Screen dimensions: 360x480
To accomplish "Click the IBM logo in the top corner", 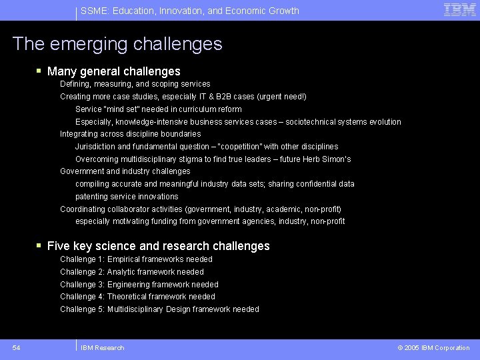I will (x=460, y=10).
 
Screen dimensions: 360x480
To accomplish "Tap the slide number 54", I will (x=16, y=347).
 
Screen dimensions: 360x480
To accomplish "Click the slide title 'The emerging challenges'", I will (x=117, y=44).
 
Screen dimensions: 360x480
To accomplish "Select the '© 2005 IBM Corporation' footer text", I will (x=433, y=347).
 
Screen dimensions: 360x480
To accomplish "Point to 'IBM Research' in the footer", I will (x=102, y=347).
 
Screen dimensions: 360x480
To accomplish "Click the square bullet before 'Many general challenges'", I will (x=40, y=71).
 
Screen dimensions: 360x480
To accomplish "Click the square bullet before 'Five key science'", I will (x=40, y=246).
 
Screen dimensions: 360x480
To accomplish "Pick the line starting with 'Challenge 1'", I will (x=136, y=259).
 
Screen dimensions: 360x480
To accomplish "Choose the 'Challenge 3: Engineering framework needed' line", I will (x=139, y=285).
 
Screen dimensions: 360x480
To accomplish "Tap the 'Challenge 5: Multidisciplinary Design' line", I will (x=159, y=309).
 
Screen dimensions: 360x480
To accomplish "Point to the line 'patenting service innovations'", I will (x=127, y=197).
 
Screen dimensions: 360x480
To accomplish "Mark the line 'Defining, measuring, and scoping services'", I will (x=135, y=84).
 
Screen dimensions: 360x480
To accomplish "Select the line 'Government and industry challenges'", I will (x=125, y=171).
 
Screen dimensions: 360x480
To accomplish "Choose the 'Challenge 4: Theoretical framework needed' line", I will (x=137, y=297).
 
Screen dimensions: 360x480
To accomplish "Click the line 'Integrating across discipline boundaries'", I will (x=130, y=134).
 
